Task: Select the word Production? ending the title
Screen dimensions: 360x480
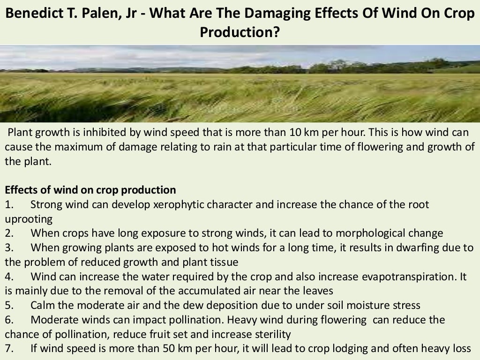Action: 240,32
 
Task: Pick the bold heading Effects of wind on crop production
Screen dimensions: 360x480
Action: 90,190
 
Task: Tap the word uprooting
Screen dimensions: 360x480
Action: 29,219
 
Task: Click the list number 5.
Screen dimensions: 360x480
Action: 9,306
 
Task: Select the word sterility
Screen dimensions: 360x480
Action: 273,335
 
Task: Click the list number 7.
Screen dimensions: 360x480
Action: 9,349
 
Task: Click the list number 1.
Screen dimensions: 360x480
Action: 9,205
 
